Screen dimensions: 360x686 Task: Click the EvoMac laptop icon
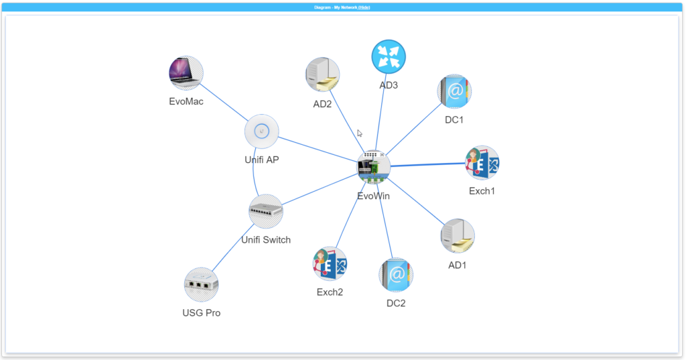(186, 73)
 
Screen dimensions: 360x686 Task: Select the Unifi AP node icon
(261, 131)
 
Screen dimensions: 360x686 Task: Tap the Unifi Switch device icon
(266, 211)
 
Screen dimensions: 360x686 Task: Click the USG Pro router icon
(201, 284)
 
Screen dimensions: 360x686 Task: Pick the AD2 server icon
(322, 74)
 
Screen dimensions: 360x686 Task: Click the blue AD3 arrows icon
(389, 57)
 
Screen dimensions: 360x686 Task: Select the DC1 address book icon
(454, 92)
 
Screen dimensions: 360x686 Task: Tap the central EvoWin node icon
(373, 168)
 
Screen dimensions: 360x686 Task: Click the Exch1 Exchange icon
(482, 163)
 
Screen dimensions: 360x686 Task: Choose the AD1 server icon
(458, 235)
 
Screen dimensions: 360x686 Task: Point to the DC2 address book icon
(396, 275)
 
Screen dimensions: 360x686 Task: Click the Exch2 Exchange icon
(330, 263)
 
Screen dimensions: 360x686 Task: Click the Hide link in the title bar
(364, 7)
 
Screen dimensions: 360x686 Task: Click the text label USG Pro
(201, 312)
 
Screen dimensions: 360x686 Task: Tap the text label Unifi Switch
(266, 239)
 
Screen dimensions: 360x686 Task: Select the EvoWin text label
(373, 196)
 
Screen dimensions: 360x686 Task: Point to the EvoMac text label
(186, 102)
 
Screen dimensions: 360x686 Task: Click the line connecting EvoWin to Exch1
(429, 165)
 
